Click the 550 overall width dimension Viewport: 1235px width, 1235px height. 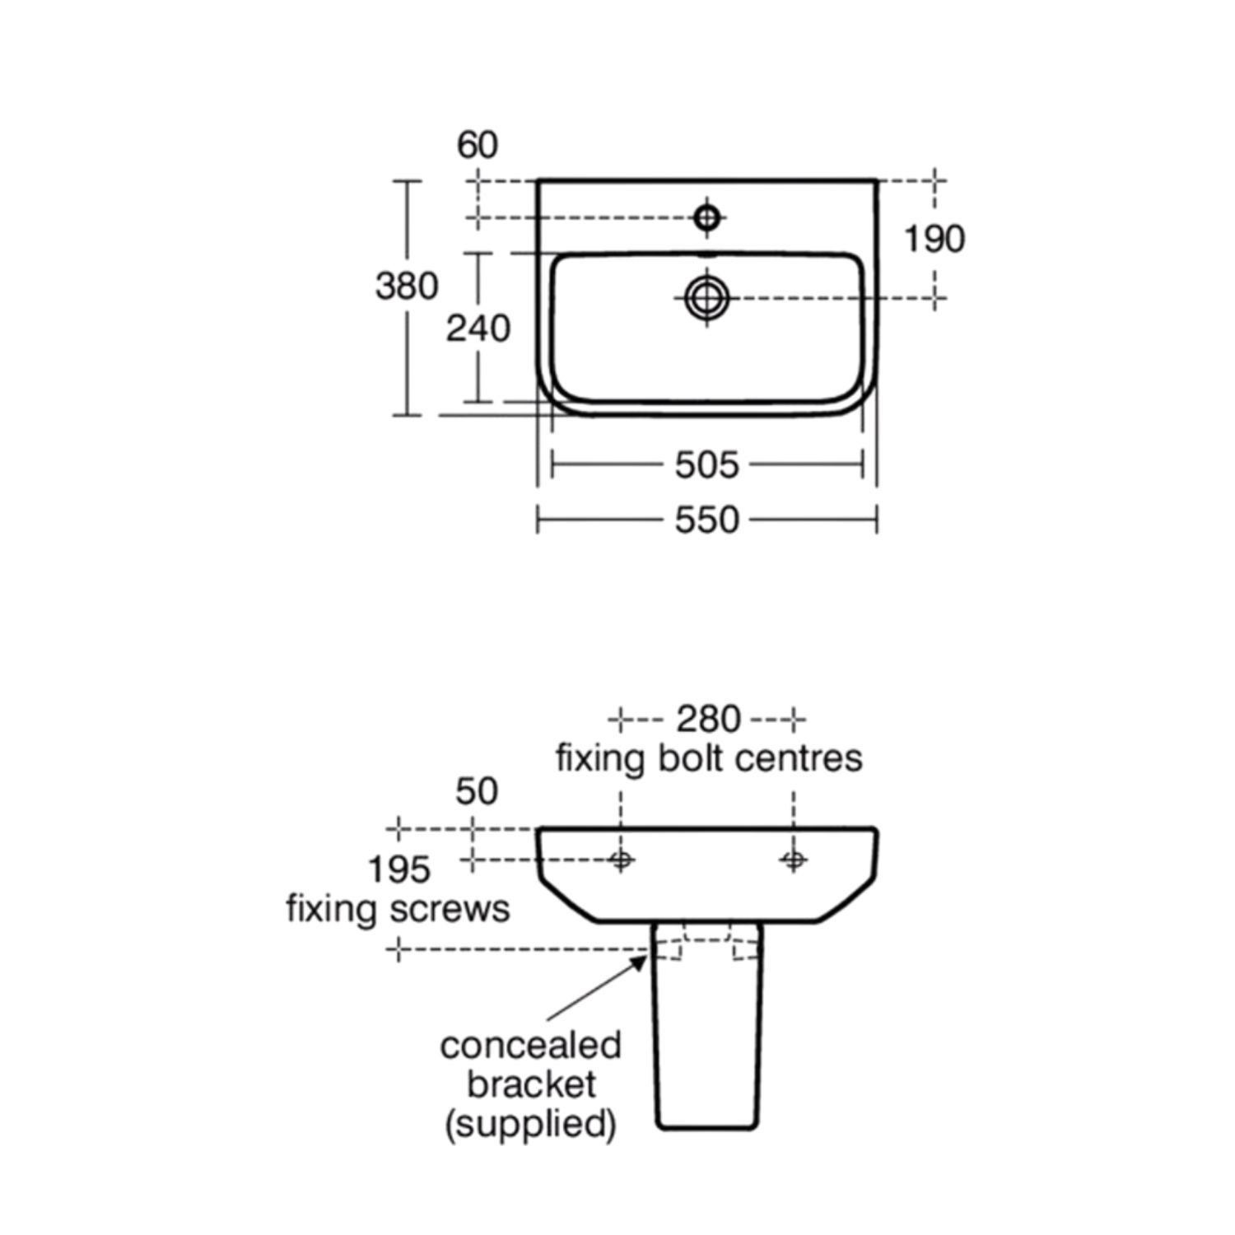pyautogui.click(x=707, y=520)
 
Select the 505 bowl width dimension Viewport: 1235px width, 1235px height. pyautogui.click(x=707, y=466)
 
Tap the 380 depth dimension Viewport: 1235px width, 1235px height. pyautogui.click(x=407, y=287)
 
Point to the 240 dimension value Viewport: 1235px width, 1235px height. pyautogui.click(x=478, y=329)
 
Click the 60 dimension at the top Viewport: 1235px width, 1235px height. pyautogui.click(x=478, y=145)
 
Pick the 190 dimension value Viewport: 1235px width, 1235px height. pyautogui.click(x=934, y=240)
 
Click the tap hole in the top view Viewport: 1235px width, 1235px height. pyautogui.click(x=707, y=217)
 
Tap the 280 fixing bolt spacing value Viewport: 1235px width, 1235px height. pyautogui.click(x=708, y=720)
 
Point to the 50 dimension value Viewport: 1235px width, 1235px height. pyautogui.click(x=477, y=791)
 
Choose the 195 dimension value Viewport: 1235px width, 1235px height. pyautogui.click(x=398, y=869)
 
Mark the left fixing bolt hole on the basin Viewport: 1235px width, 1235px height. pyautogui.click(x=621, y=860)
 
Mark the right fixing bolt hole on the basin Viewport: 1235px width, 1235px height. pyautogui.click(x=794, y=860)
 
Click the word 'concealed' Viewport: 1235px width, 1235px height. pyautogui.click(x=531, y=1046)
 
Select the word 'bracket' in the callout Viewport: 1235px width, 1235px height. pyautogui.click(x=531, y=1084)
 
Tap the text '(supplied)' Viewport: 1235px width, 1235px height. pyautogui.click(x=531, y=1124)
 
